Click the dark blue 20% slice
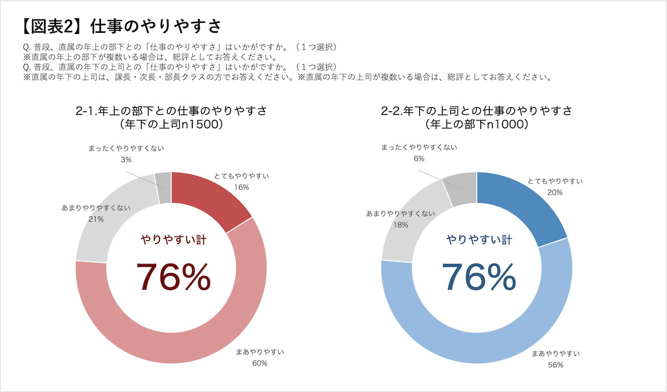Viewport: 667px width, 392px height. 517,200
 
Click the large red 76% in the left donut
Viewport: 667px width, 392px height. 173,276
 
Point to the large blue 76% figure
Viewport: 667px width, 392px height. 479,276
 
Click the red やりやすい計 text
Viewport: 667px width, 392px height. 173,240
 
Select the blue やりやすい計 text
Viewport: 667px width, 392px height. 479,240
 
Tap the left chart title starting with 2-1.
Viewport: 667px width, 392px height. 171,111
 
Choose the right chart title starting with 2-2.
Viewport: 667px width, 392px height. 477,111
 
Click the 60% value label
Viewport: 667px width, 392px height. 260,364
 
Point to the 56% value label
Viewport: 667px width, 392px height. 556,365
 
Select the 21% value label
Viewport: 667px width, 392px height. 96,219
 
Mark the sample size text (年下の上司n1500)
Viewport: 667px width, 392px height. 171,125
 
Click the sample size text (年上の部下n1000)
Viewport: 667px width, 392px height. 477,125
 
